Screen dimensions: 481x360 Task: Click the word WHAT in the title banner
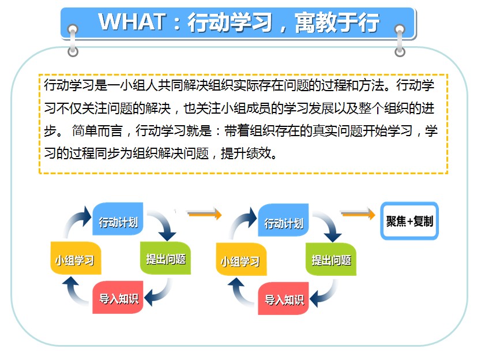(132, 22)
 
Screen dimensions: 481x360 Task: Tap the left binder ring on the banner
(73, 40)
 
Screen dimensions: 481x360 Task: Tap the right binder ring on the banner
(400, 40)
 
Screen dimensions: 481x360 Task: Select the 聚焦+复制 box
(409, 220)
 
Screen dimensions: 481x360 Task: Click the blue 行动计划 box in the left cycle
(118, 219)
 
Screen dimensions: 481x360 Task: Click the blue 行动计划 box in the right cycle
(283, 220)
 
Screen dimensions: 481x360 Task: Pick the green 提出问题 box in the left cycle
(166, 258)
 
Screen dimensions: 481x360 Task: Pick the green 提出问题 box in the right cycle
(331, 260)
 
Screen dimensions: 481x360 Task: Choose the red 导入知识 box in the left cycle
(118, 297)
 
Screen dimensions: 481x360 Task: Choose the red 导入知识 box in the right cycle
(283, 298)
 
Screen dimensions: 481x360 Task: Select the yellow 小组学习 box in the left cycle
(76, 258)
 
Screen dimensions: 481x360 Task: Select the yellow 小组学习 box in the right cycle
(242, 260)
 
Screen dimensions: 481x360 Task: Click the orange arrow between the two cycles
(204, 213)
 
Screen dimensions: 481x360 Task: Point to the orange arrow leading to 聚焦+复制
(358, 213)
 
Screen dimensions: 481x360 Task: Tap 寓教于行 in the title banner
(337, 22)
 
